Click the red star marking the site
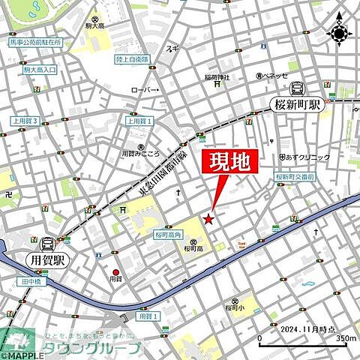click(x=208, y=218)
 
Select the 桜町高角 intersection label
click(x=169, y=234)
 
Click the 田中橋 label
click(x=29, y=281)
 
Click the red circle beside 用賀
click(x=115, y=272)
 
